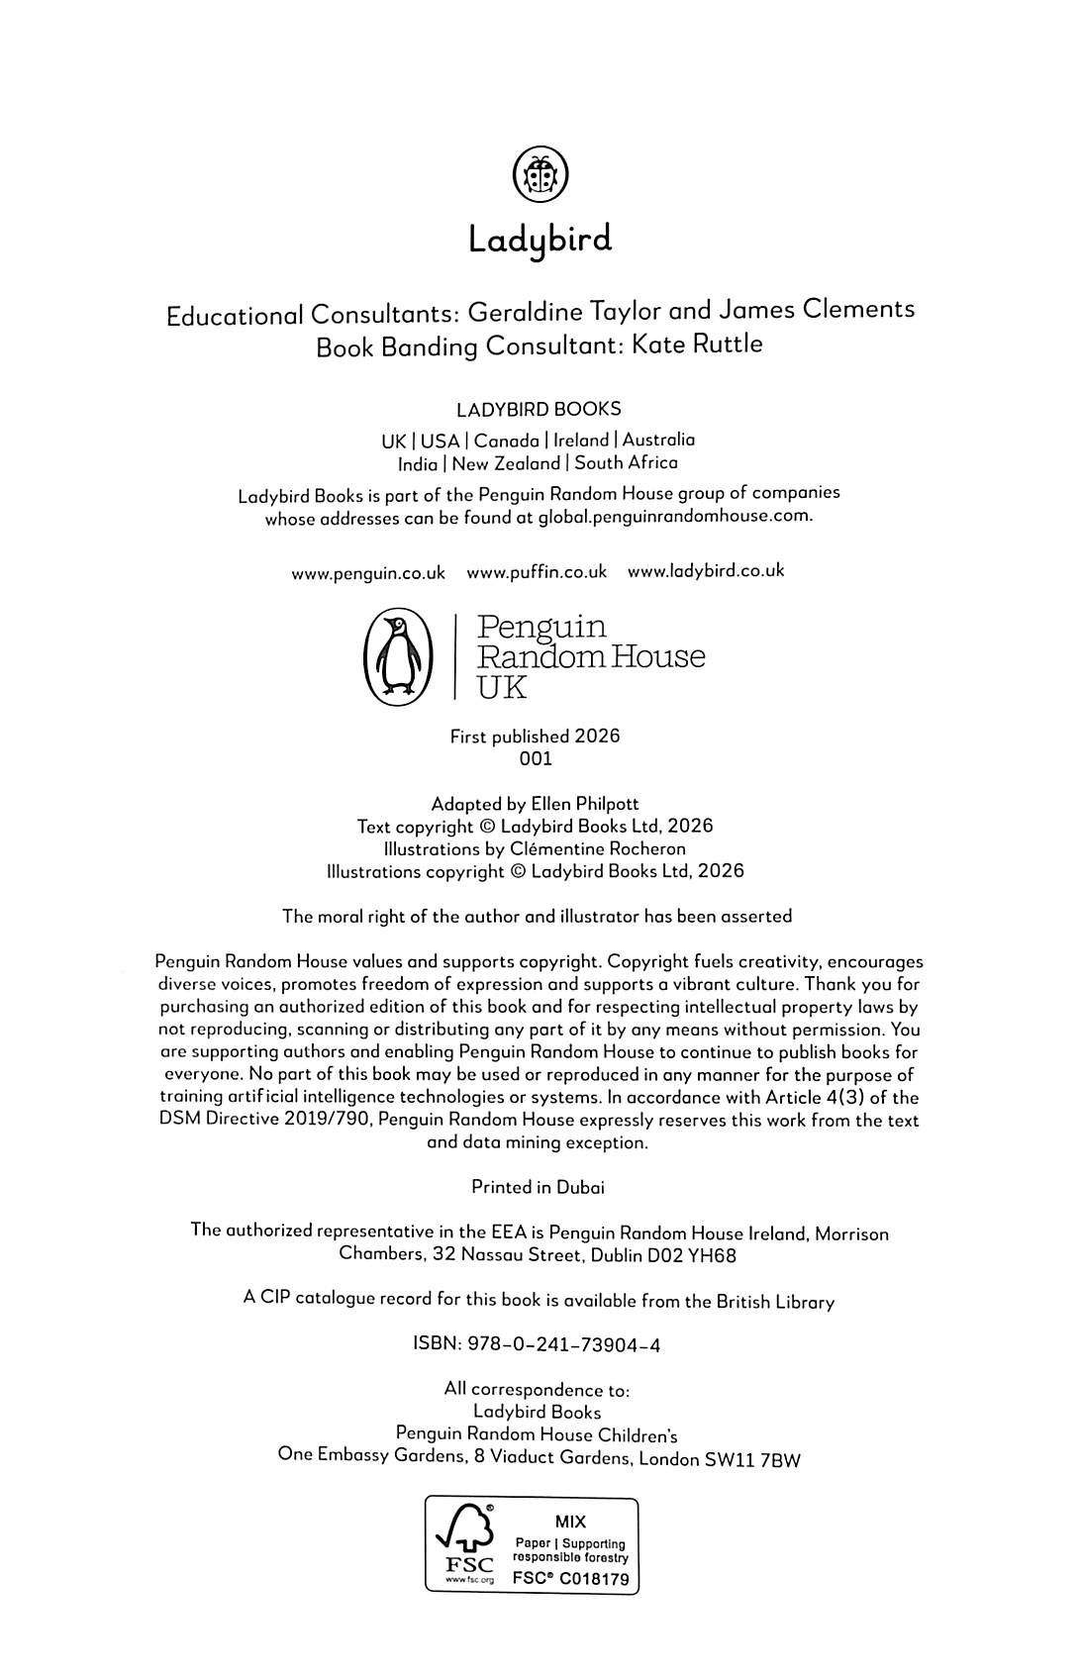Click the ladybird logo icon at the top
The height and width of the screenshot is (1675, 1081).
[x=540, y=175]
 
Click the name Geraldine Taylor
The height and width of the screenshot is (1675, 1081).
[x=563, y=313]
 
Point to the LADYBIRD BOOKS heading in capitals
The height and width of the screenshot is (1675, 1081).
[x=539, y=409]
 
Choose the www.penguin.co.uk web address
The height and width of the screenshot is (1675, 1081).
[x=368, y=573]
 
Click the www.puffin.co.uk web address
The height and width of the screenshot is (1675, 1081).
[x=537, y=572]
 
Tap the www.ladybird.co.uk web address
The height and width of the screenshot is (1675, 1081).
[x=706, y=571]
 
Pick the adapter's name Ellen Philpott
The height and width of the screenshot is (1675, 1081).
[x=585, y=804]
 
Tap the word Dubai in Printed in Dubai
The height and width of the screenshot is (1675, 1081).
[x=580, y=1187]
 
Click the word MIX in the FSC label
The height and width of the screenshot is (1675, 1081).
[x=570, y=1522]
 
